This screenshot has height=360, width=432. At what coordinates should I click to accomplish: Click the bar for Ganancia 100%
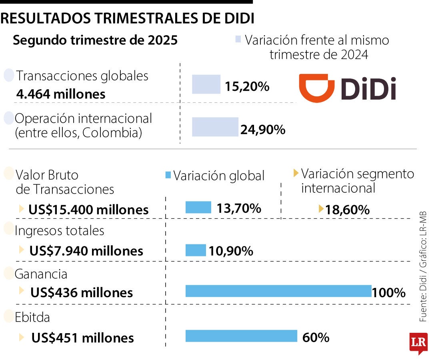[x=278, y=291]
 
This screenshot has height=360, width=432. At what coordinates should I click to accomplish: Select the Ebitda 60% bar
[x=241, y=336]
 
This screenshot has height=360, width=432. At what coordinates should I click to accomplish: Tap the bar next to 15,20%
[x=206, y=84]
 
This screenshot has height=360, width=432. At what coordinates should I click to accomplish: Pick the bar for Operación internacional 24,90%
[x=215, y=127]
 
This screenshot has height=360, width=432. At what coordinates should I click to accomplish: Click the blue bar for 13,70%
[x=198, y=207]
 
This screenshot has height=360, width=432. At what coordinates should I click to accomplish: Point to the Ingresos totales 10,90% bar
[x=196, y=250]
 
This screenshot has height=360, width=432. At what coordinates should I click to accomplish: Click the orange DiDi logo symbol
[x=317, y=88]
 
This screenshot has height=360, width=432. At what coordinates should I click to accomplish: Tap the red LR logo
[x=418, y=342]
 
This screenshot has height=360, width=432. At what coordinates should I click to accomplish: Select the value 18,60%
[x=347, y=209]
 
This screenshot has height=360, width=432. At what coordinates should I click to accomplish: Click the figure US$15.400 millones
[x=88, y=210]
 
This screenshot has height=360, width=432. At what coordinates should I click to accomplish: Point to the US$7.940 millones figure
[x=86, y=251]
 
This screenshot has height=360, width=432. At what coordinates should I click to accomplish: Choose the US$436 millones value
[x=81, y=292]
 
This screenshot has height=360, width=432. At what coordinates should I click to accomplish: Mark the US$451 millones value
[x=82, y=338]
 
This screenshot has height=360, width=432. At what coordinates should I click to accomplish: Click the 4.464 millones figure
[x=61, y=94]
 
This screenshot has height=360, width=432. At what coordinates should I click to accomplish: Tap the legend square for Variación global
[x=168, y=175]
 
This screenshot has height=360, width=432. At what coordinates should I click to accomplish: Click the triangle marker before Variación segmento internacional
[x=296, y=173]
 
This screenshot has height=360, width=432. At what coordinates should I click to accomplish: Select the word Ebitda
[x=32, y=318]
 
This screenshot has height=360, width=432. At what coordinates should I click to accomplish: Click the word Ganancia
[x=41, y=274]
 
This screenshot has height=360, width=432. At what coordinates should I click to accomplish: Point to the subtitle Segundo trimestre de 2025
[x=95, y=40]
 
